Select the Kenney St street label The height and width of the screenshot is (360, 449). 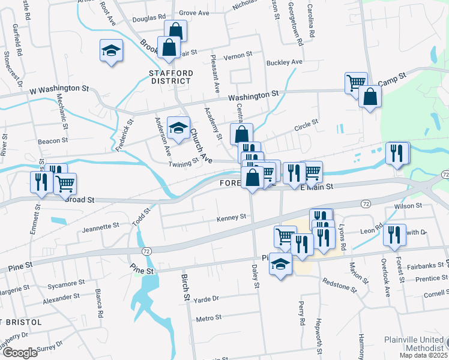(x=232, y=217)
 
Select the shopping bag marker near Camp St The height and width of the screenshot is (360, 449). (x=370, y=96)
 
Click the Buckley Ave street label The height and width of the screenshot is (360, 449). (x=285, y=62)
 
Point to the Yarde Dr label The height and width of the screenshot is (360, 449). (x=206, y=298)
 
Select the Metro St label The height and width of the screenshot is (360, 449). (x=209, y=317)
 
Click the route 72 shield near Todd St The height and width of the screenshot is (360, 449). (x=146, y=250)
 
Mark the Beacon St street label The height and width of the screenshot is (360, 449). (x=53, y=141)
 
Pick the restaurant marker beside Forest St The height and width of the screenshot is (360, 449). (x=394, y=235)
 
